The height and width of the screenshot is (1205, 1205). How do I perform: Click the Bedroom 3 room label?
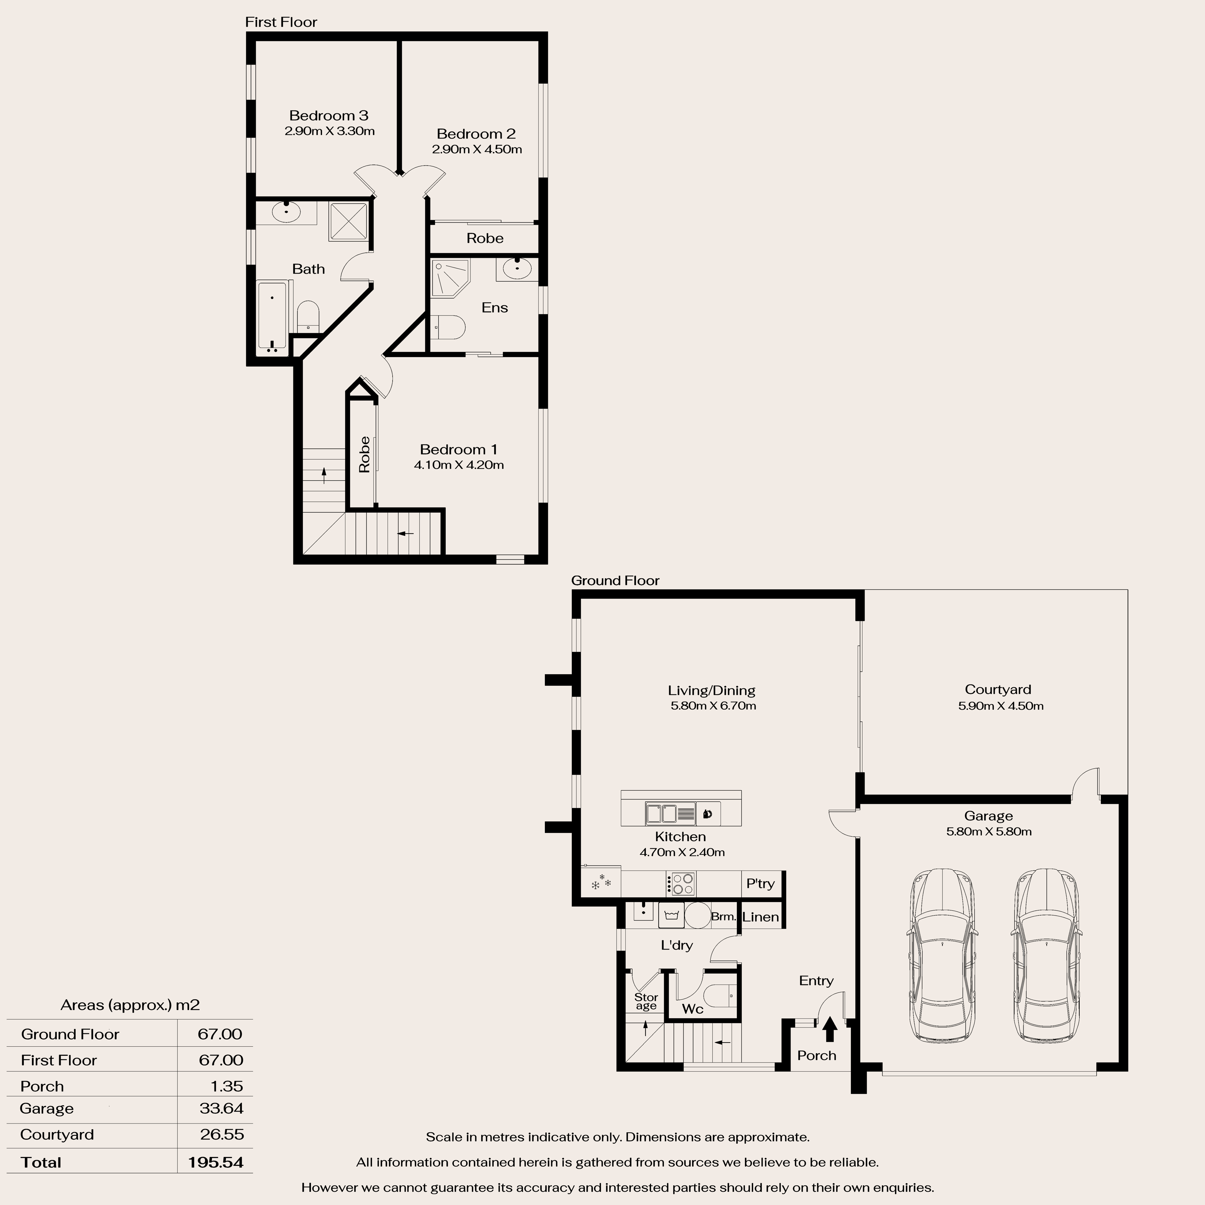tap(329, 115)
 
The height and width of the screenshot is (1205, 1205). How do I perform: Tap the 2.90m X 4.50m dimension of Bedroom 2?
tap(477, 149)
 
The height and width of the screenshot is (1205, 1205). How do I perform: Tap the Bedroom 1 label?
tap(459, 449)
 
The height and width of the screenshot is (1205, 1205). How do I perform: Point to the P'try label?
tap(760, 883)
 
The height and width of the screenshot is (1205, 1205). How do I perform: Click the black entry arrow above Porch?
tap(829, 1029)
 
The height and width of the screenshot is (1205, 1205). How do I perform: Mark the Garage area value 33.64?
tap(221, 1108)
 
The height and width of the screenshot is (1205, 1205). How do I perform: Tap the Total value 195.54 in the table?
tap(216, 1162)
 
